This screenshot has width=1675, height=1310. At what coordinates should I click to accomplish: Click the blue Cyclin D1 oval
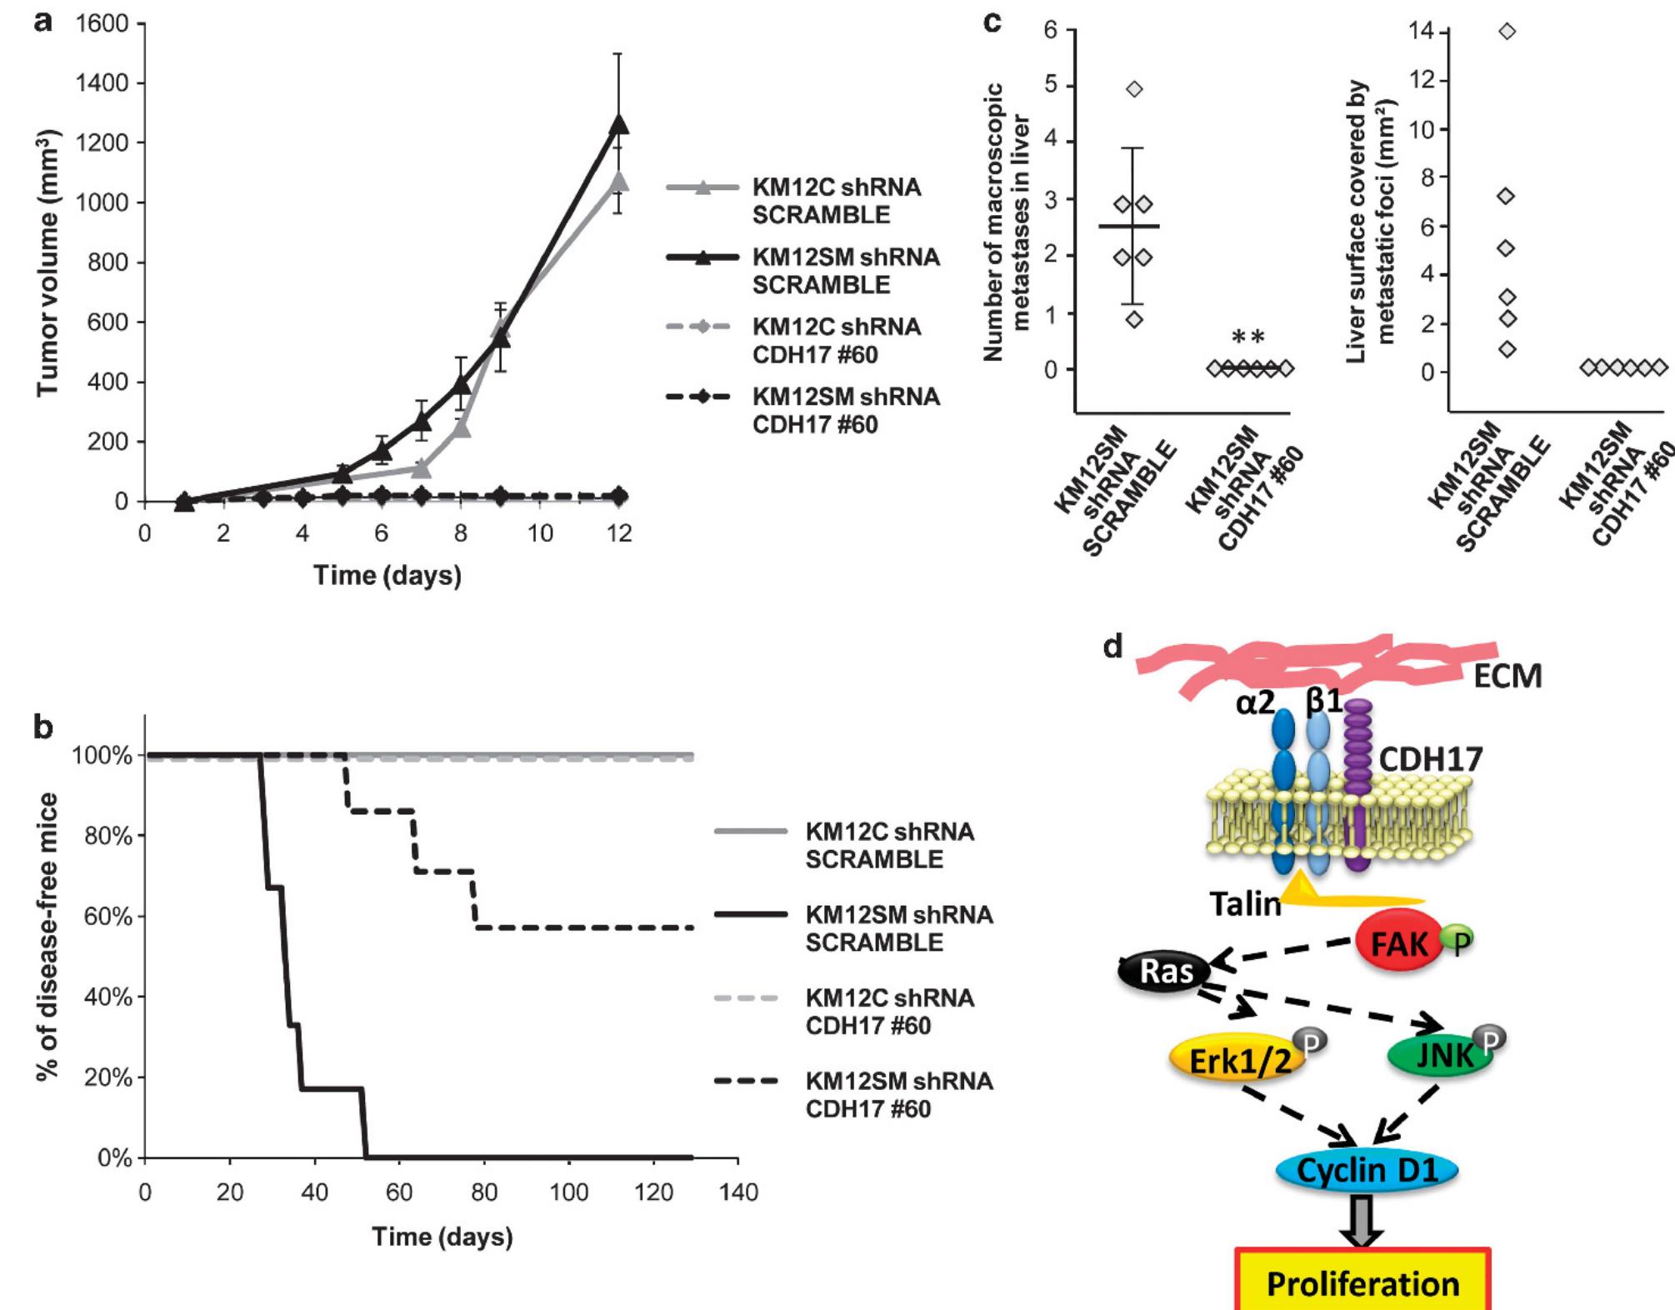pos(1367,1170)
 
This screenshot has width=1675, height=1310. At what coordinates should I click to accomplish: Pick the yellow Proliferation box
pos(1362,1283)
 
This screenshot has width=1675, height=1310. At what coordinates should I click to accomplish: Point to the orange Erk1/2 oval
pos(1238,1061)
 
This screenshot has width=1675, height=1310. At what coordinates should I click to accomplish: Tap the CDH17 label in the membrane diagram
pos(1430,759)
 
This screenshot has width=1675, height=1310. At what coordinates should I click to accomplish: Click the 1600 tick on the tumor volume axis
pos(102,23)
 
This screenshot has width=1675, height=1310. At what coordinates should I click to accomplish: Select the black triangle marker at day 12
pos(618,124)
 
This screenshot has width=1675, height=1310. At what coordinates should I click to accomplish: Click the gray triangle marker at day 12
pos(618,181)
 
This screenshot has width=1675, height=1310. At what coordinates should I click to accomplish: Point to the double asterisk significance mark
pos(1247,337)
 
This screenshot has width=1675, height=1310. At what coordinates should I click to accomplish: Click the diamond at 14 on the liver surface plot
pos(1506,32)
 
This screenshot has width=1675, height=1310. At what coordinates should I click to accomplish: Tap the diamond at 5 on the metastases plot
pos(1134,89)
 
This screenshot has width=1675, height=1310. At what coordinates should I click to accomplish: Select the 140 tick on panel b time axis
pos(737,1192)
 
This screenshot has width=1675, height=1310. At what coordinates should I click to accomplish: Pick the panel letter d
pos(1112,647)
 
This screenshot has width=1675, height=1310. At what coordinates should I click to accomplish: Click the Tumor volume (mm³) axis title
pos(47,262)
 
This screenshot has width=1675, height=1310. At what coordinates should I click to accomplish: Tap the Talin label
pos(1245,903)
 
